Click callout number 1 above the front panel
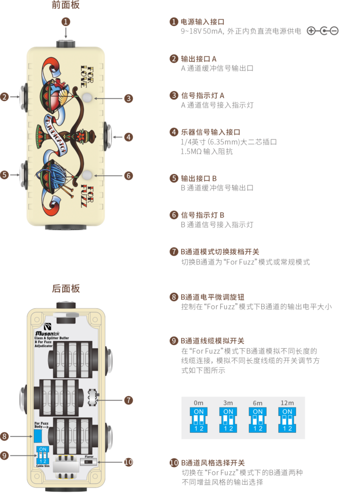(67, 22)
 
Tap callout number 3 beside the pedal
(128, 98)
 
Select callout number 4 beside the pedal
(128, 137)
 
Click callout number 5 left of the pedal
(4, 175)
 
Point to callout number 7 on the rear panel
(128, 400)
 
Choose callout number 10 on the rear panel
(128, 462)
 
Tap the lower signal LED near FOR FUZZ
(87, 175)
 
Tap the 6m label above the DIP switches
(258, 402)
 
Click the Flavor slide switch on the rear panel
(89, 462)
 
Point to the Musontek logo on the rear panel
(47, 332)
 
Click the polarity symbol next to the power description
(322, 31)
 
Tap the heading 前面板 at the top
(66, 5)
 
